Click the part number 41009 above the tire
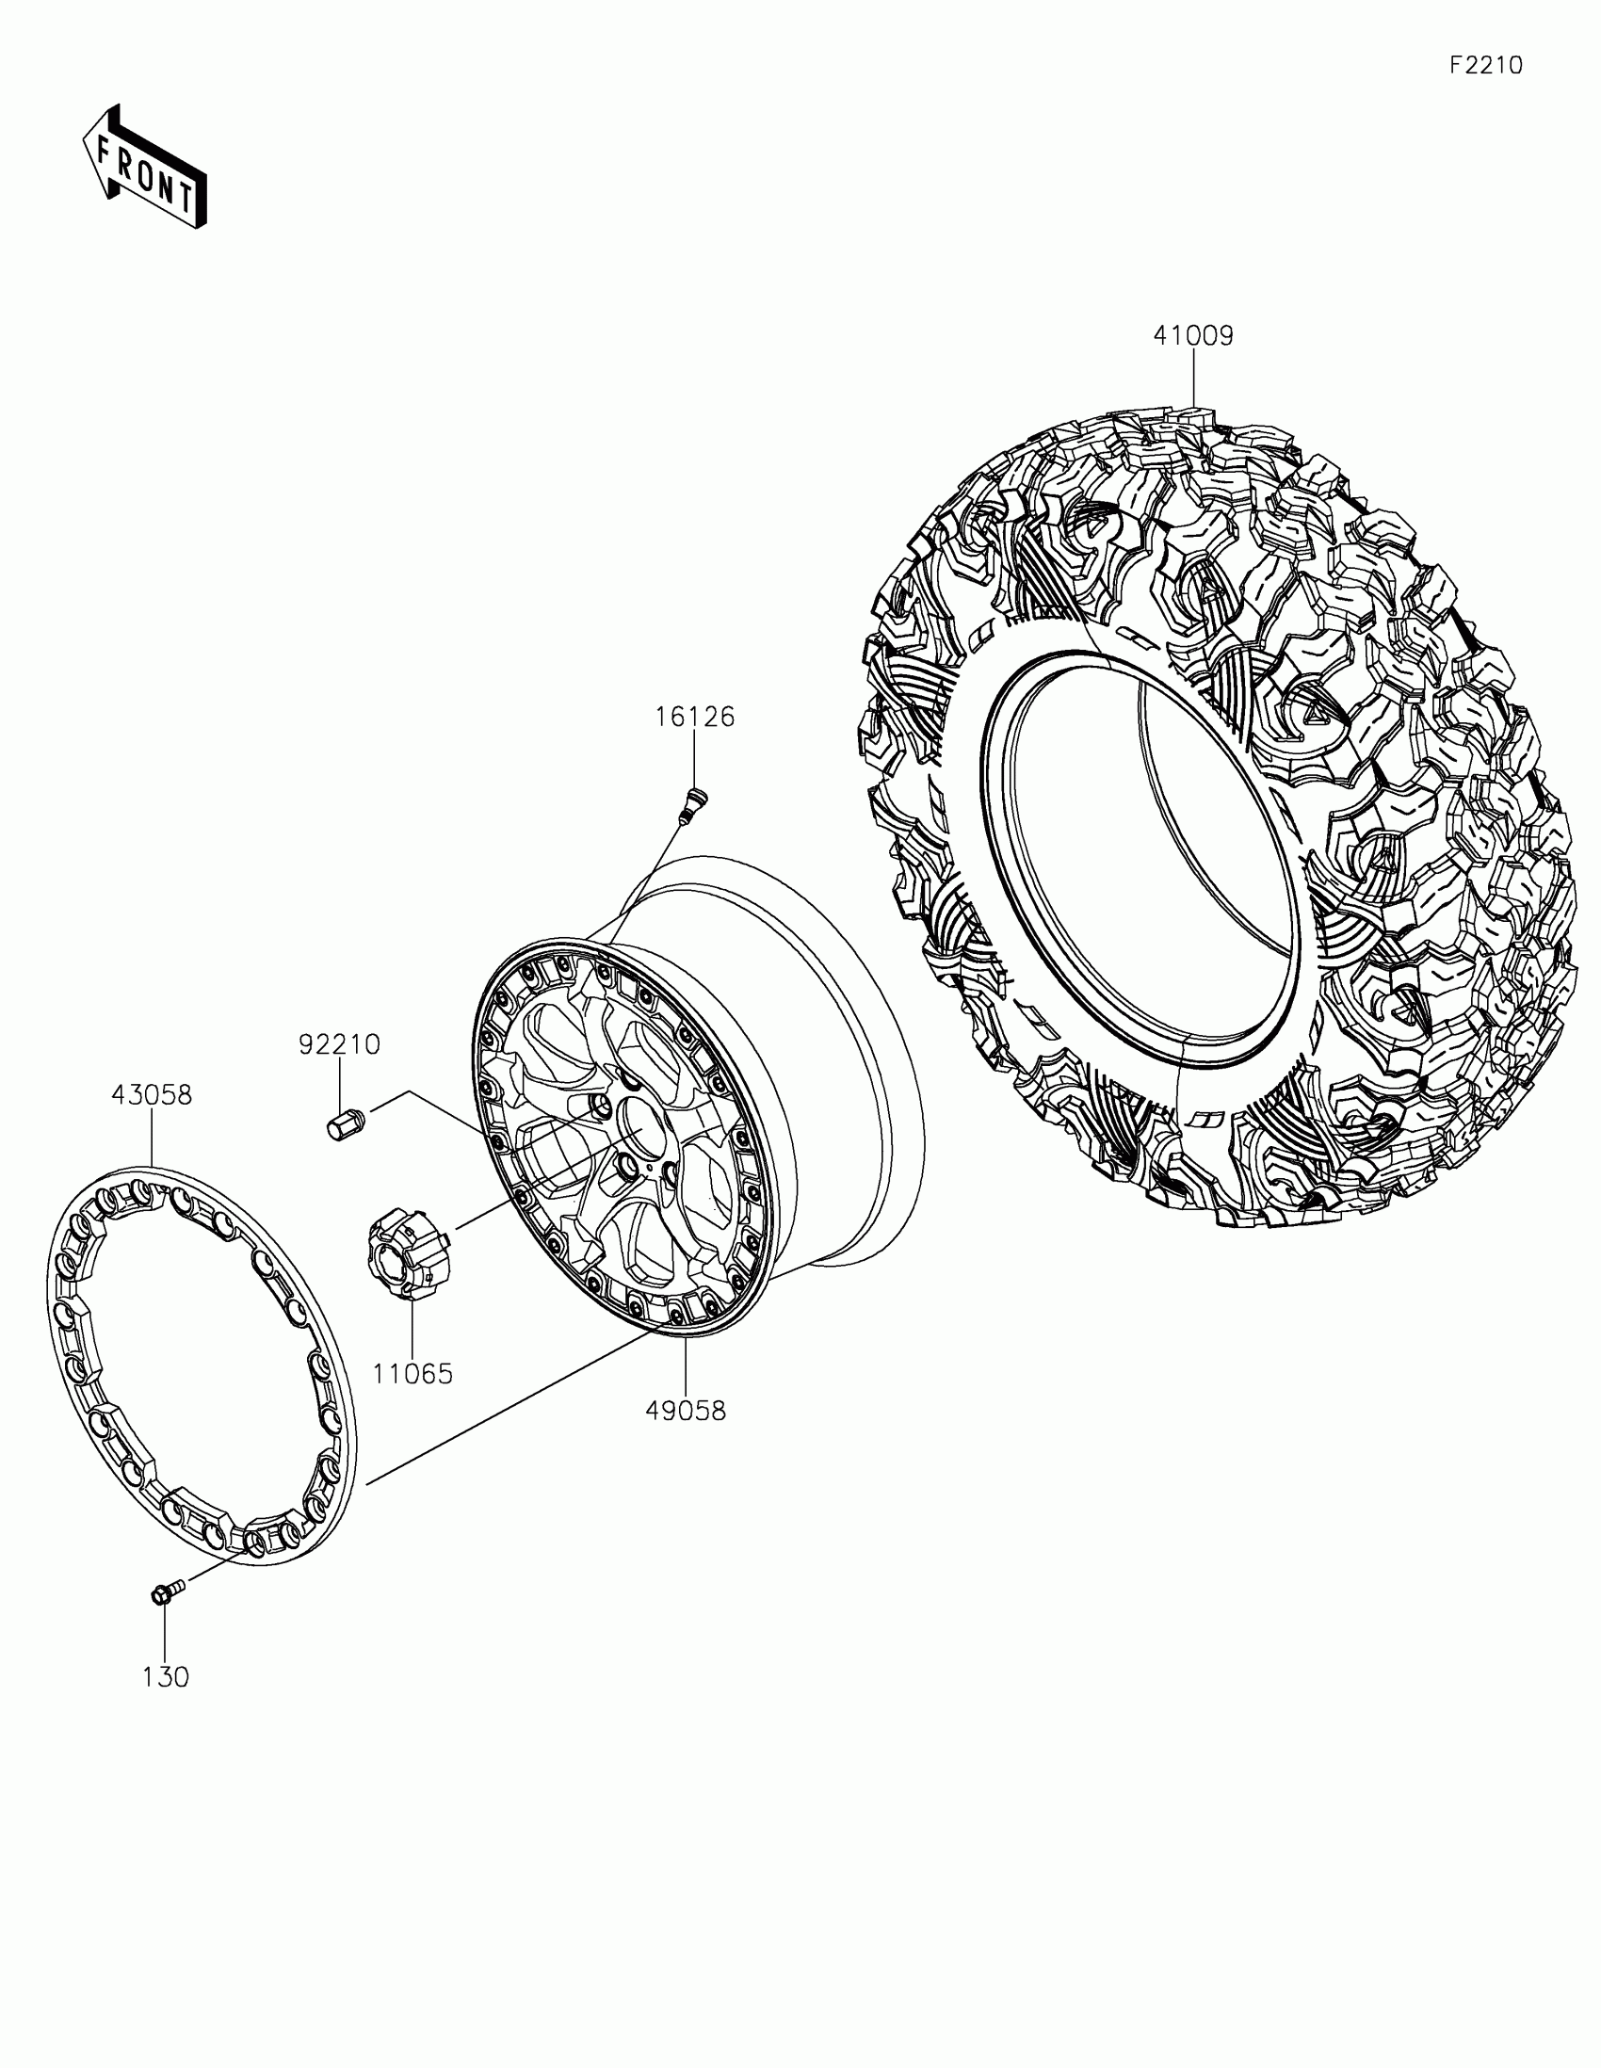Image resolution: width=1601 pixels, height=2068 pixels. (1193, 336)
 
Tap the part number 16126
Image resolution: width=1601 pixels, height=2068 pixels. (695, 718)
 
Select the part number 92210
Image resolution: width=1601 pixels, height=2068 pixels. (340, 1045)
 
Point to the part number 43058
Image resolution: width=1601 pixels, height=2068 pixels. (152, 1095)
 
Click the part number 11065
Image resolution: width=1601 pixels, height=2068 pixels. (412, 1374)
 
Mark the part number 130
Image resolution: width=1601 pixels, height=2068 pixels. (166, 1678)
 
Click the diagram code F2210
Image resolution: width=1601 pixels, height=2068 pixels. (1486, 65)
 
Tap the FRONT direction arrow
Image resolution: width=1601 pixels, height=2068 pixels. (144, 166)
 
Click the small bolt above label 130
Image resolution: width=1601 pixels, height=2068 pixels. (164, 1593)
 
